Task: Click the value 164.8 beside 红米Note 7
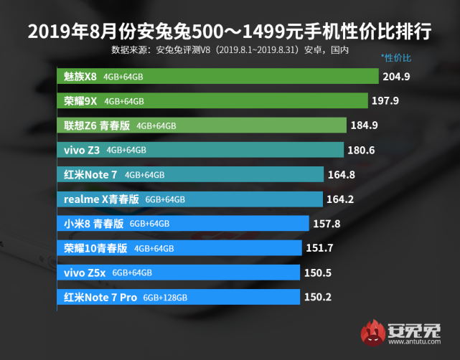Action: point(341,174)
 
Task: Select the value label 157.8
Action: point(327,224)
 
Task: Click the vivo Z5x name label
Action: point(85,273)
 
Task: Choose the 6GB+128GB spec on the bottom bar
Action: point(165,298)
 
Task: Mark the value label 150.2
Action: point(317,297)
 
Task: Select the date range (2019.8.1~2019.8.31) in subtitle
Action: point(257,50)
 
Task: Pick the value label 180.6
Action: point(361,150)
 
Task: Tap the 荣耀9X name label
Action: point(80,101)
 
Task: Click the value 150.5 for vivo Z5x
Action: point(317,273)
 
